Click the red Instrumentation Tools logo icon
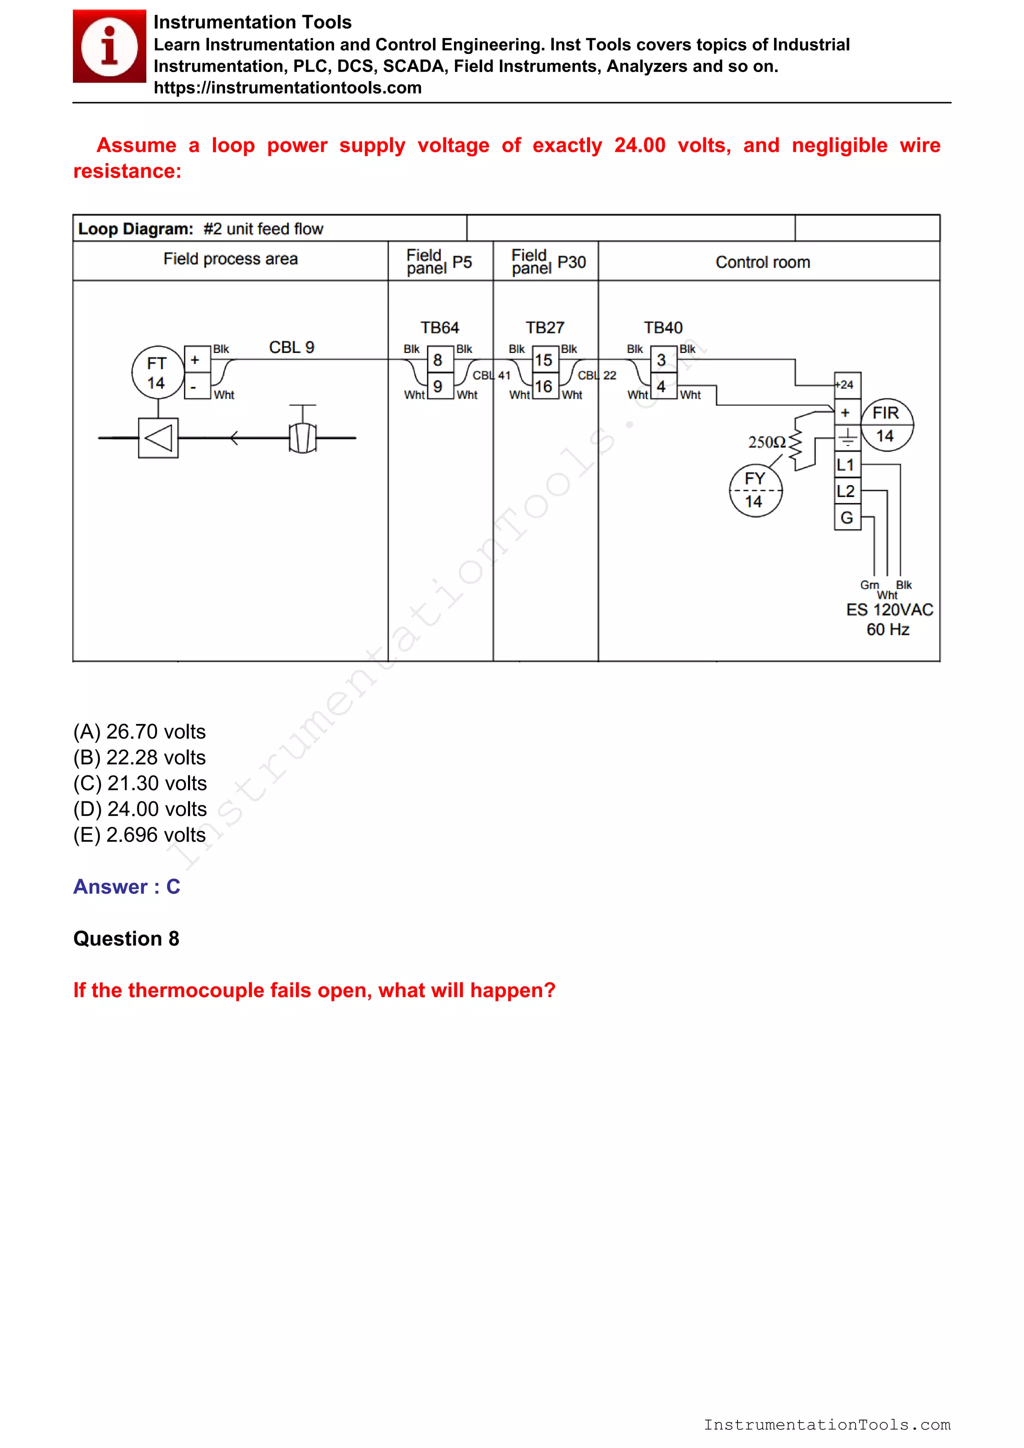click(109, 46)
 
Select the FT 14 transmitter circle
click(157, 372)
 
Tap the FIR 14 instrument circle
click(886, 424)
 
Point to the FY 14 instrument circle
click(755, 490)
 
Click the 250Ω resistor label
click(766, 442)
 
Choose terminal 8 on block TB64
click(438, 360)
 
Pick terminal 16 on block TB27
click(543, 386)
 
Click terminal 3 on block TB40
click(661, 360)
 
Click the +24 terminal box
click(845, 384)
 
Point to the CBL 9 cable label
click(291, 347)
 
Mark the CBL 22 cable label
click(596, 375)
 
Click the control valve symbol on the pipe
click(302, 434)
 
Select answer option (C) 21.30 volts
click(140, 783)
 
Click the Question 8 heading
click(126, 938)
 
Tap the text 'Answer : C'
click(126, 886)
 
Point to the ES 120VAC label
click(889, 610)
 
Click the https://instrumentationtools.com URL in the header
click(287, 87)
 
